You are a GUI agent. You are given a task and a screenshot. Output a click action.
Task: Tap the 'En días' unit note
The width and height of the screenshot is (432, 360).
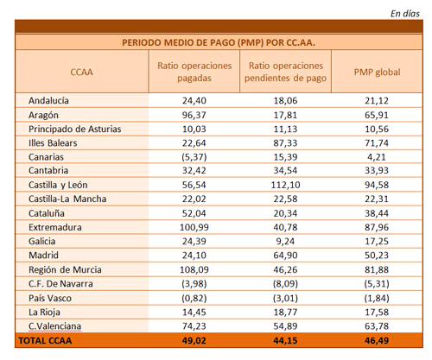[404, 14]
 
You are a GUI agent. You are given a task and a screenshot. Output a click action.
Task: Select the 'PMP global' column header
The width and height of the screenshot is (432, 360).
[377, 72]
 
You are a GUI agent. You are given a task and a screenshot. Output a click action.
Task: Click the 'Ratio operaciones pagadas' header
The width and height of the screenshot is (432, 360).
[194, 72]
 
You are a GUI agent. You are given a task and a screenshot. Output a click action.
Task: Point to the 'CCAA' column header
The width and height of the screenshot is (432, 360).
[81, 72]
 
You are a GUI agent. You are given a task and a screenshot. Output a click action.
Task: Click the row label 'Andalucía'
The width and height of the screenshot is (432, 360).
[48, 100]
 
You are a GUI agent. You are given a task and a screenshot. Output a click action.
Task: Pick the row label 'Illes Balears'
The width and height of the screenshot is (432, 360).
[53, 142]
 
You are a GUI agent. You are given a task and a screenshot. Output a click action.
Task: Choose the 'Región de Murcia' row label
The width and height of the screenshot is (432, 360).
[65, 269]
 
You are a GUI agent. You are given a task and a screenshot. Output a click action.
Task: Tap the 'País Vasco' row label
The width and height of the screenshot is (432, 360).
[50, 298]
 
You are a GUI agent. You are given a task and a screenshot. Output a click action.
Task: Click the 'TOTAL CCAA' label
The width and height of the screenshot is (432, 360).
[45, 340]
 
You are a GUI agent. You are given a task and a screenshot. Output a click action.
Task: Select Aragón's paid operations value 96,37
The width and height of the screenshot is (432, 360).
[194, 115]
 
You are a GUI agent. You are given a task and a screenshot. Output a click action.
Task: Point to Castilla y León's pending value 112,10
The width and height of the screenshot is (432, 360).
[285, 185]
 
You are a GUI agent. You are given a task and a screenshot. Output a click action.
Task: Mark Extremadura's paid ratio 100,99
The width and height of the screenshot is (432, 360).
[194, 227]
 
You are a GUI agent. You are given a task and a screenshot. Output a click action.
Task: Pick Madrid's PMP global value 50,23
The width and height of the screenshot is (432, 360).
[377, 256]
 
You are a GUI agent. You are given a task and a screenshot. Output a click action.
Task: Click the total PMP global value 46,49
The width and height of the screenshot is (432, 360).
[377, 340]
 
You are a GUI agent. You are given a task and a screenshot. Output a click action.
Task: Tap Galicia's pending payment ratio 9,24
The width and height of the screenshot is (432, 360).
[285, 241]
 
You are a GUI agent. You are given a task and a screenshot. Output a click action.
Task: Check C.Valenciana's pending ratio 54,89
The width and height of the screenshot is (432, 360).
[285, 326]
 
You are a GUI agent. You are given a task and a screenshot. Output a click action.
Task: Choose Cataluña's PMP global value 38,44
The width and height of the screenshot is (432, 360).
[377, 213]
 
